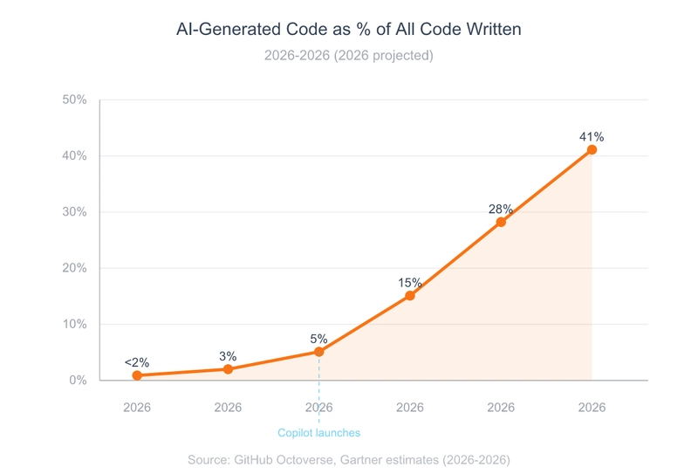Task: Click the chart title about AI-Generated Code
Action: (x=348, y=30)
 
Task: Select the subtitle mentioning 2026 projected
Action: (x=348, y=55)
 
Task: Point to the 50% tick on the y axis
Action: (x=75, y=100)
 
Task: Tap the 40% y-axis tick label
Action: (x=75, y=156)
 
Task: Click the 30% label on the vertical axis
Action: (x=75, y=212)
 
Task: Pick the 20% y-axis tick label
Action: (x=75, y=268)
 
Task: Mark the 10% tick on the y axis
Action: (x=75, y=324)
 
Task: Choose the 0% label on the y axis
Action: (x=79, y=381)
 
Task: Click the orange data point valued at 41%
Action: (x=592, y=150)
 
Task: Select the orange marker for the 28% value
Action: (x=501, y=223)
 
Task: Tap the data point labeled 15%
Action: (x=410, y=296)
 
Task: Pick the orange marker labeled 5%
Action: (x=319, y=352)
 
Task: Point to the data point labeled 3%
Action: (x=228, y=369)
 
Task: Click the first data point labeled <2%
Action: (x=137, y=375)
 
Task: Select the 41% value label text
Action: (x=592, y=137)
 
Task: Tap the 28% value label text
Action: (x=500, y=210)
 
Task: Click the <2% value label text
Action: (x=137, y=362)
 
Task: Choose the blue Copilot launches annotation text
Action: (x=318, y=433)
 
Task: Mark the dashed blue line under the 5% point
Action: (x=319, y=388)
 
